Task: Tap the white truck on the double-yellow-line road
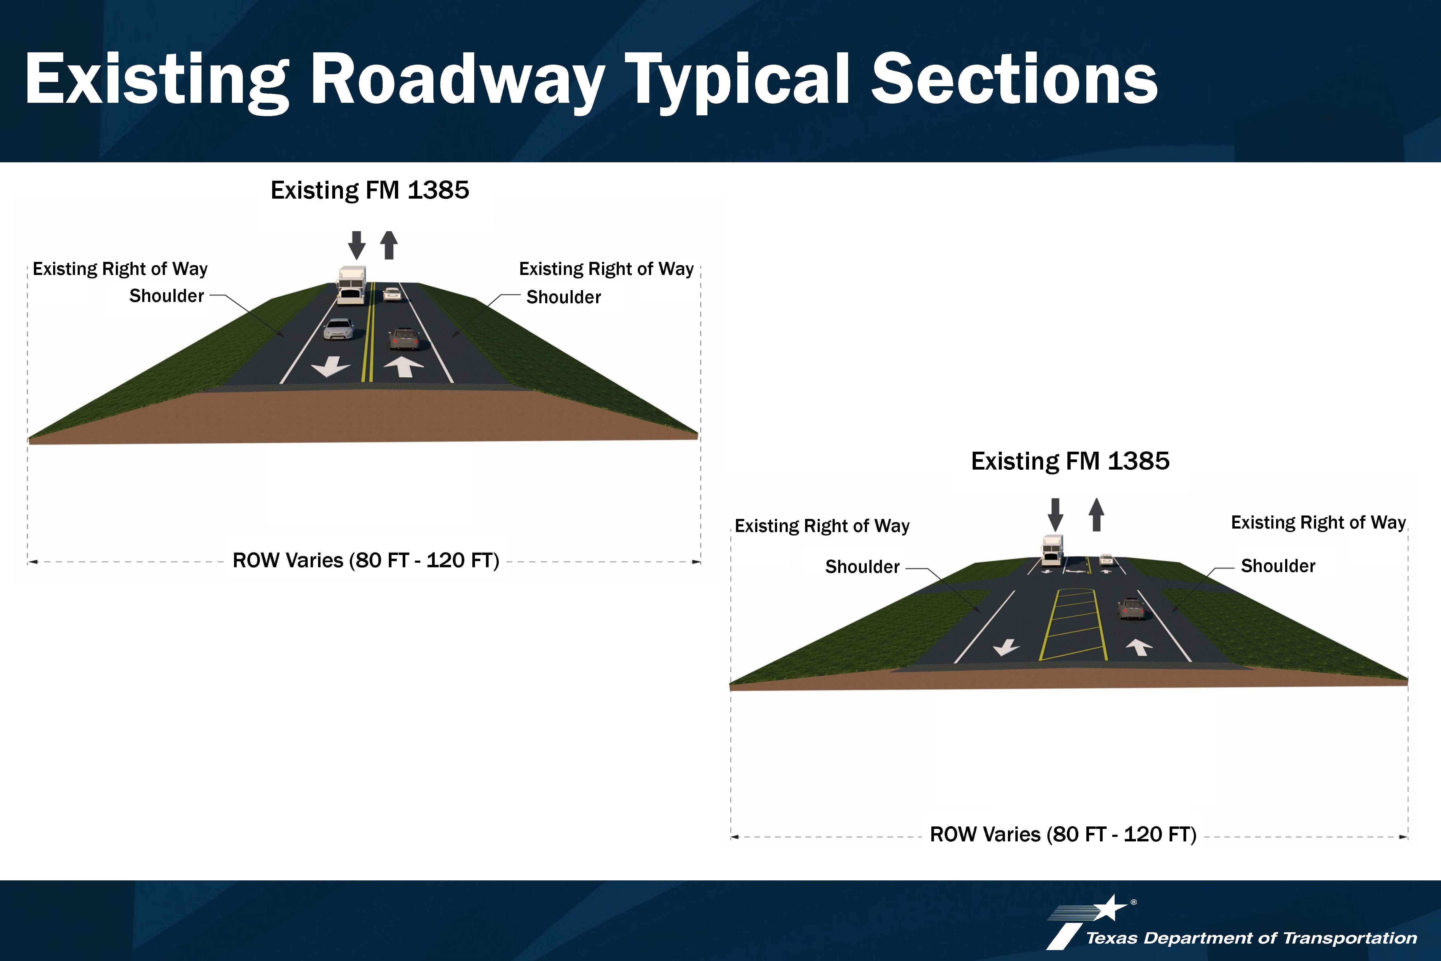pyautogui.click(x=352, y=285)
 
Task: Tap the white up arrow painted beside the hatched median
pyautogui.click(x=1139, y=647)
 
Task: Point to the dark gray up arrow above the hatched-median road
pyautogui.click(x=1096, y=514)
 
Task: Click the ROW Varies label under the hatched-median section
pyautogui.click(x=1063, y=835)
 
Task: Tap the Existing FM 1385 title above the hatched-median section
pyautogui.click(x=1070, y=461)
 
